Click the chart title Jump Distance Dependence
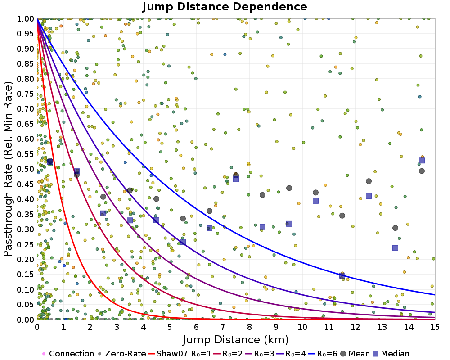click(225, 7)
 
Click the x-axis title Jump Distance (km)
click(236, 339)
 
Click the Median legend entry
click(390, 354)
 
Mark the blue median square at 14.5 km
click(422, 161)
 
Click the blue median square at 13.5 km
click(396, 248)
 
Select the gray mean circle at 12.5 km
click(369, 181)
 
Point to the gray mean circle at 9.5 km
click(289, 188)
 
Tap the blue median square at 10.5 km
click(315, 201)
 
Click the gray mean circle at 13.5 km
click(396, 228)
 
